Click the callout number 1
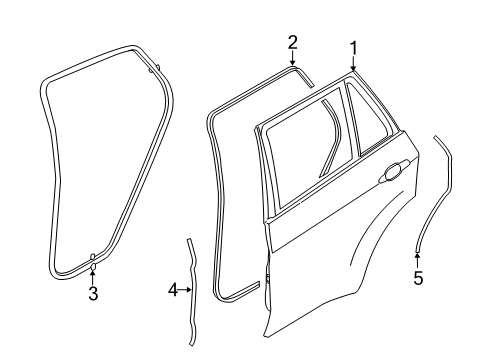(353, 47)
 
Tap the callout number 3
(92, 294)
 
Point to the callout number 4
(172, 290)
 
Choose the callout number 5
(418, 278)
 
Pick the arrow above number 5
(418, 261)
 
